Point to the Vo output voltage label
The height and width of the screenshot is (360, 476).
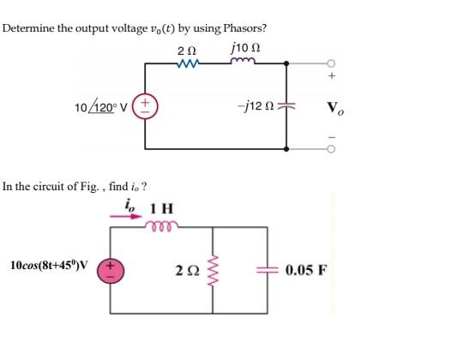pos(337,109)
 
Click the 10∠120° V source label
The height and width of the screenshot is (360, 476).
pos(100,107)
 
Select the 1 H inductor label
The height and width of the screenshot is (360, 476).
pos(161,208)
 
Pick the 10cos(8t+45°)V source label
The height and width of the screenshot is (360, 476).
pos(48,265)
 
